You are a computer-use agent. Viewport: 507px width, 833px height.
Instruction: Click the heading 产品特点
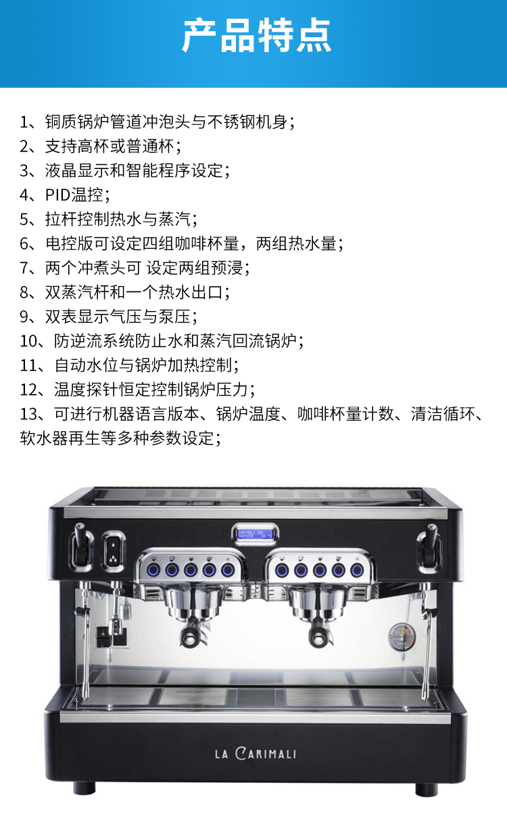click(x=256, y=35)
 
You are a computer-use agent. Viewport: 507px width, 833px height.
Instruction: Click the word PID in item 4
click(x=57, y=195)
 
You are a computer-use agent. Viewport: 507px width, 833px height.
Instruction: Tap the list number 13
click(x=28, y=414)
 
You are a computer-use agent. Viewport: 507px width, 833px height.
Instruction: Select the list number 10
click(x=28, y=341)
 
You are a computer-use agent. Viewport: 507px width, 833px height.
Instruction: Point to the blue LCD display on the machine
click(x=255, y=534)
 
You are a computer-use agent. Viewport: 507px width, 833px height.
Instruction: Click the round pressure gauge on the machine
click(x=402, y=637)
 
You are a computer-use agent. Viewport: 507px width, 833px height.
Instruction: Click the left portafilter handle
click(x=189, y=636)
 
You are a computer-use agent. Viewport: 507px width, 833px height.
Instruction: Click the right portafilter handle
click(x=318, y=636)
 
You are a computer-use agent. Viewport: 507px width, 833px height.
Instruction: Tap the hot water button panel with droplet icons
click(x=114, y=551)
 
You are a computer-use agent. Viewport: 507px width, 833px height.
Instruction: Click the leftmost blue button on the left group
click(x=153, y=570)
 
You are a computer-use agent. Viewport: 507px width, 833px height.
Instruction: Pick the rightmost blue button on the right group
click(x=357, y=570)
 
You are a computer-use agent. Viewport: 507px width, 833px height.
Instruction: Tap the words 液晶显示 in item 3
click(x=77, y=170)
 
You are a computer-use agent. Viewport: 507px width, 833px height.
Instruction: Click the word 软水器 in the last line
click(x=44, y=438)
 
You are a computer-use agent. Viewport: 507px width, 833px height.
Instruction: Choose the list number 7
click(x=24, y=268)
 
